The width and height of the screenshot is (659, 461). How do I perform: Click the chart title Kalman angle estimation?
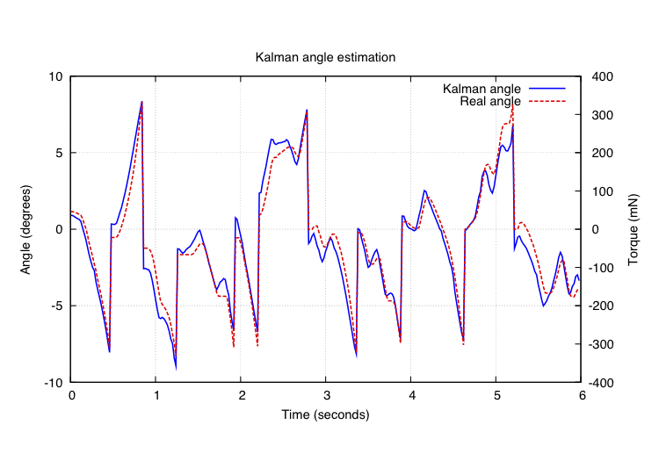pos(325,57)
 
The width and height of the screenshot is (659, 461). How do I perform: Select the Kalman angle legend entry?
pos(482,90)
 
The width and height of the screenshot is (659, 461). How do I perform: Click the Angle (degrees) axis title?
pos(26,229)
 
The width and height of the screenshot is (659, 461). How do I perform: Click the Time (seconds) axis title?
pos(325,414)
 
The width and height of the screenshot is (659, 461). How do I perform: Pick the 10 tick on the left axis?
pos(56,76)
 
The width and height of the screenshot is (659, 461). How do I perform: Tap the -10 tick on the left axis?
pos(54,383)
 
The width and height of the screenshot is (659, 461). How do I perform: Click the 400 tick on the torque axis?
pos(603,76)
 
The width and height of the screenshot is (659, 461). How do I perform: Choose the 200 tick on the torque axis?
pos(603,153)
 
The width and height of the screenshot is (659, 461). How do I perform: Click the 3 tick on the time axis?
pos(326,396)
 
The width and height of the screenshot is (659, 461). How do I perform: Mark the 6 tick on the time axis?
pos(580,396)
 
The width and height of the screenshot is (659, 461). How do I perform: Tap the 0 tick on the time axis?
pos(72,396)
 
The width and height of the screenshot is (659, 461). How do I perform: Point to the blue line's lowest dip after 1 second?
pos(176,367)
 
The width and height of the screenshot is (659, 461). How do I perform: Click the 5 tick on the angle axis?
pos(59,153)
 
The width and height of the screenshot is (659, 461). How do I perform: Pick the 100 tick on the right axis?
pos(603,191)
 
